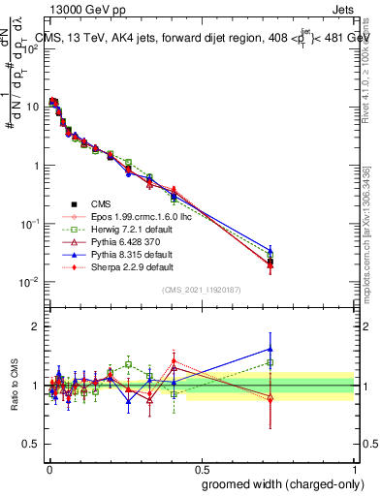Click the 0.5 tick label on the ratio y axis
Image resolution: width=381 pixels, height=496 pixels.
pos(32,444)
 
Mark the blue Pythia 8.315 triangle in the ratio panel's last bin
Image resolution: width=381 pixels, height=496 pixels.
pos(270,349)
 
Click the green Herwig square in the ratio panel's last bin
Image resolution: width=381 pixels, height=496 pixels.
pos(270,363)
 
